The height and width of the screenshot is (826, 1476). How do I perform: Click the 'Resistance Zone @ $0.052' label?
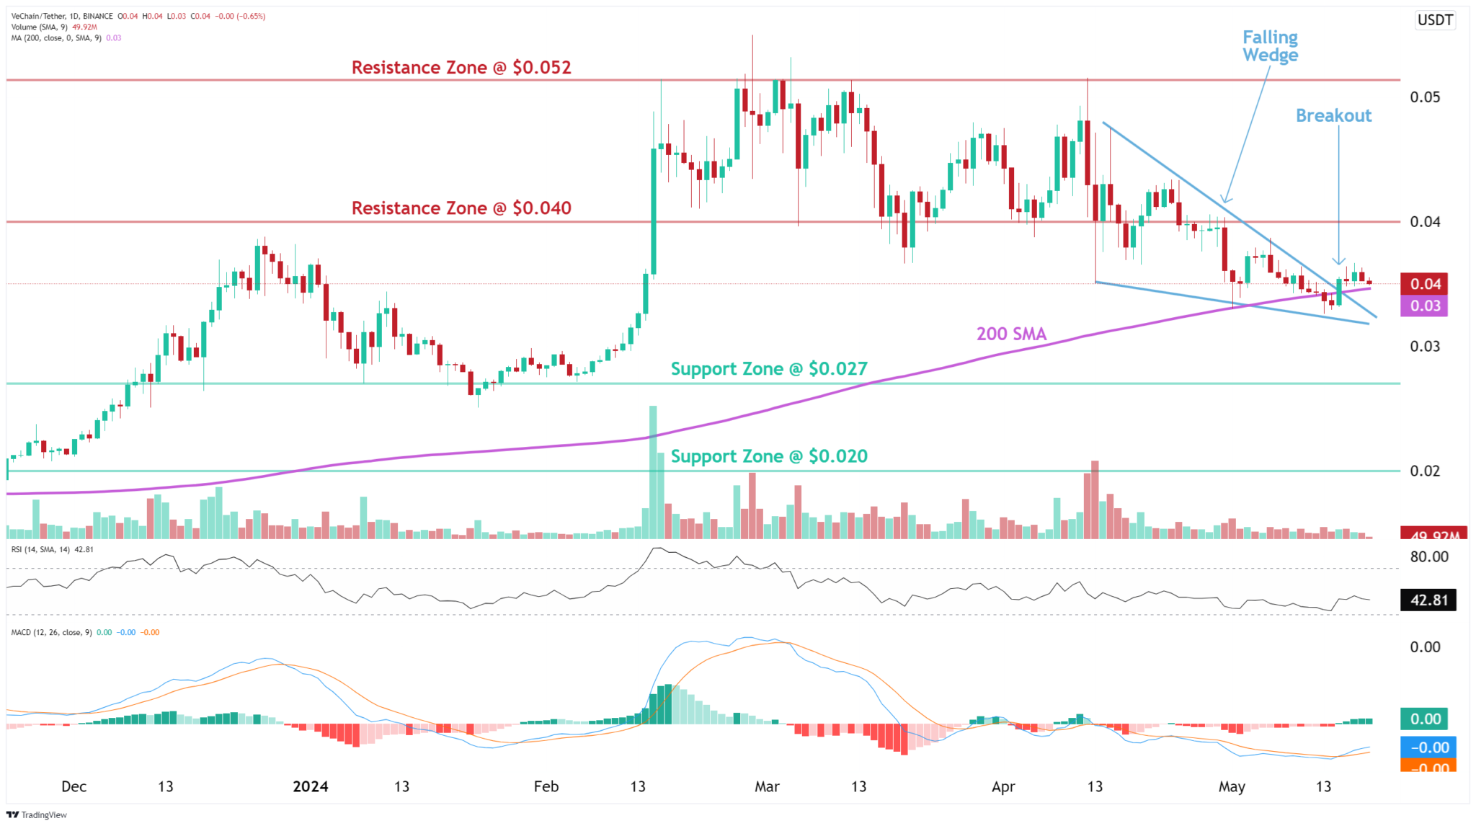pos(461,68)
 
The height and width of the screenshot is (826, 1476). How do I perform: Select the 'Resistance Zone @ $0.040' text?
pos(461,208)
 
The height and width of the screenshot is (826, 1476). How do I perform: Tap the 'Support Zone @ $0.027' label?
pos(769,369)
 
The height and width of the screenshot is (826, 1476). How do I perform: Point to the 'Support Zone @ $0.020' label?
pos(769,456)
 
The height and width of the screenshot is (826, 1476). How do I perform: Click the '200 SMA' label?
pos(1011,334)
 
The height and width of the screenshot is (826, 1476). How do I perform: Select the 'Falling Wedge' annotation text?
pos(1270,46)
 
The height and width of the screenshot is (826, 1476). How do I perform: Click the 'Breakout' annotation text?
pos(1333,115)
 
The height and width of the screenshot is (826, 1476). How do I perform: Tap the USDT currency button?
pos(1435,20)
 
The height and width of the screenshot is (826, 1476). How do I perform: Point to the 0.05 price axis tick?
pos(1425,97)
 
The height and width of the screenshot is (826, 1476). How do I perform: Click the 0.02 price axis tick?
pos(1425,471)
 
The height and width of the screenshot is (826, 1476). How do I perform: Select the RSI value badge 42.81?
pos(1428,600)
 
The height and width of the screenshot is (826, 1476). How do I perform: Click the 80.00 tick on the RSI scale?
pos(1428,557)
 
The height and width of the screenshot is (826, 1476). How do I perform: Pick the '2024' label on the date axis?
pos(310,786)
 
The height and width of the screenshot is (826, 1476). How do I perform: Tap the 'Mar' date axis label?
pos(767,786)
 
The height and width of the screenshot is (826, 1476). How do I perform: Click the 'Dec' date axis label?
pos(74,786)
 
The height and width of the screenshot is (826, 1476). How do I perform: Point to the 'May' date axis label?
pos(1232,786)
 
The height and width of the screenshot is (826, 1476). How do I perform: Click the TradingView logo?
pos(37,814)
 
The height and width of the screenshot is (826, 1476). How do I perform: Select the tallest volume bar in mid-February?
pos(653,472)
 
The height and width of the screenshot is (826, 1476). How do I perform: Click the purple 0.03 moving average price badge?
pos(1425,306)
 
